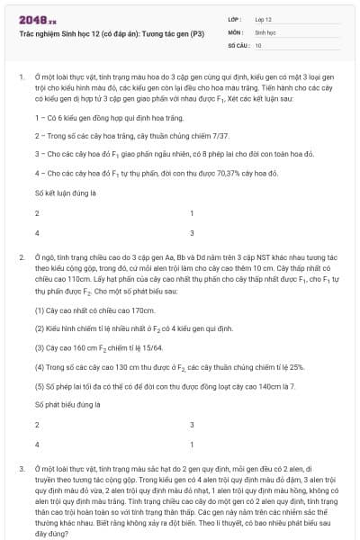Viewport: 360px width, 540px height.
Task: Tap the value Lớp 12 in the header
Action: pos(263,18)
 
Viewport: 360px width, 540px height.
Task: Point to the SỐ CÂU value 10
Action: pos(258,44)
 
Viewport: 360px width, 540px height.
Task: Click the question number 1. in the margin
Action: pos(21,77)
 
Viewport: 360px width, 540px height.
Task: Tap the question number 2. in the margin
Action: pos(21,258)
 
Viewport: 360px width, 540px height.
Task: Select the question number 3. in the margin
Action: pos(21,470)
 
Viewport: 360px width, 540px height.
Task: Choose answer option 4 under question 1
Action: pos(37,232)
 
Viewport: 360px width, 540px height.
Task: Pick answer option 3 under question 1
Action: pos(192,232)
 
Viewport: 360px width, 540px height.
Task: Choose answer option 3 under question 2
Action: pos(192,425)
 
